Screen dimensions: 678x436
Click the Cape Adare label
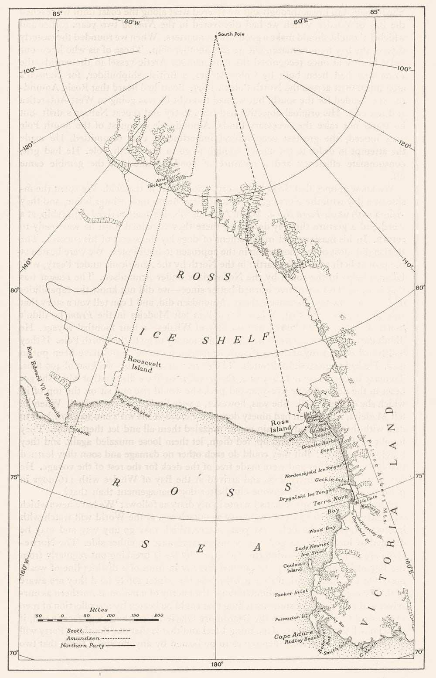click(288, 636)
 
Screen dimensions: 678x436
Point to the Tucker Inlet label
click(295, 592)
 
